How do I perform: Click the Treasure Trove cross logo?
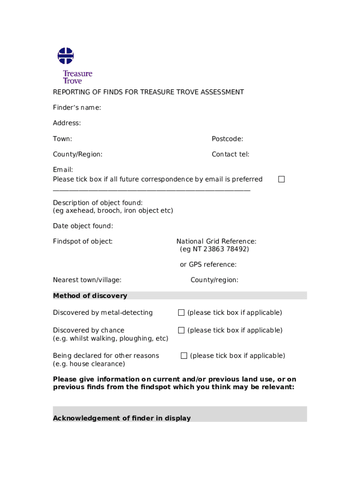point(65,56)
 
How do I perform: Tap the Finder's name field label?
point(77,108)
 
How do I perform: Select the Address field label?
point(67,123)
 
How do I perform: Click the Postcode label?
point(227,139)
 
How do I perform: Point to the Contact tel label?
point(230,154)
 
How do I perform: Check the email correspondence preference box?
point(281,179)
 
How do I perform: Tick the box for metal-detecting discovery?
point(181,312)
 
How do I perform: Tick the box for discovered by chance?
point(181,330)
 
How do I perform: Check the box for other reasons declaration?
point(184,356)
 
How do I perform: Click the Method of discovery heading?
point(90,296)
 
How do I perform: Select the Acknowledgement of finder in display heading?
point(122,418)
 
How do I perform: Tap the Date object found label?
point(83,226)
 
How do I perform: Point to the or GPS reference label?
point(208,265)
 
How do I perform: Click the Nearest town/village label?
point(87,280)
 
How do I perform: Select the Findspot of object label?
point(83,241)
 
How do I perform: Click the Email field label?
point(63,170)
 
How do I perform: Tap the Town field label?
point(62,139)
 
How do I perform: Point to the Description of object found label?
point(98,203)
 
